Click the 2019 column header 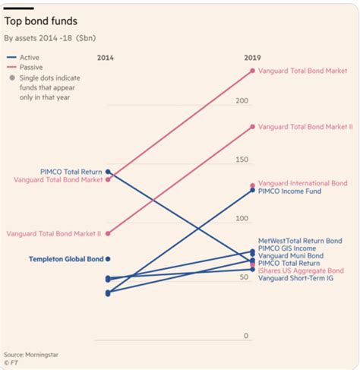(253, 57)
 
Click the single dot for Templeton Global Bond (108, 259)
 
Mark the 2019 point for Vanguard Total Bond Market (253, 71)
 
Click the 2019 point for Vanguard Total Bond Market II (253, 126)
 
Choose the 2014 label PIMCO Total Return (71, 172)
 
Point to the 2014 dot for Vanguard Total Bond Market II (108, 233)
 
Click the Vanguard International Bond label (302, 183)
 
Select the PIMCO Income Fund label (289, 191)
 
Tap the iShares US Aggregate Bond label (301, 270)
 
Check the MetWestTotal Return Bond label (300, 241)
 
